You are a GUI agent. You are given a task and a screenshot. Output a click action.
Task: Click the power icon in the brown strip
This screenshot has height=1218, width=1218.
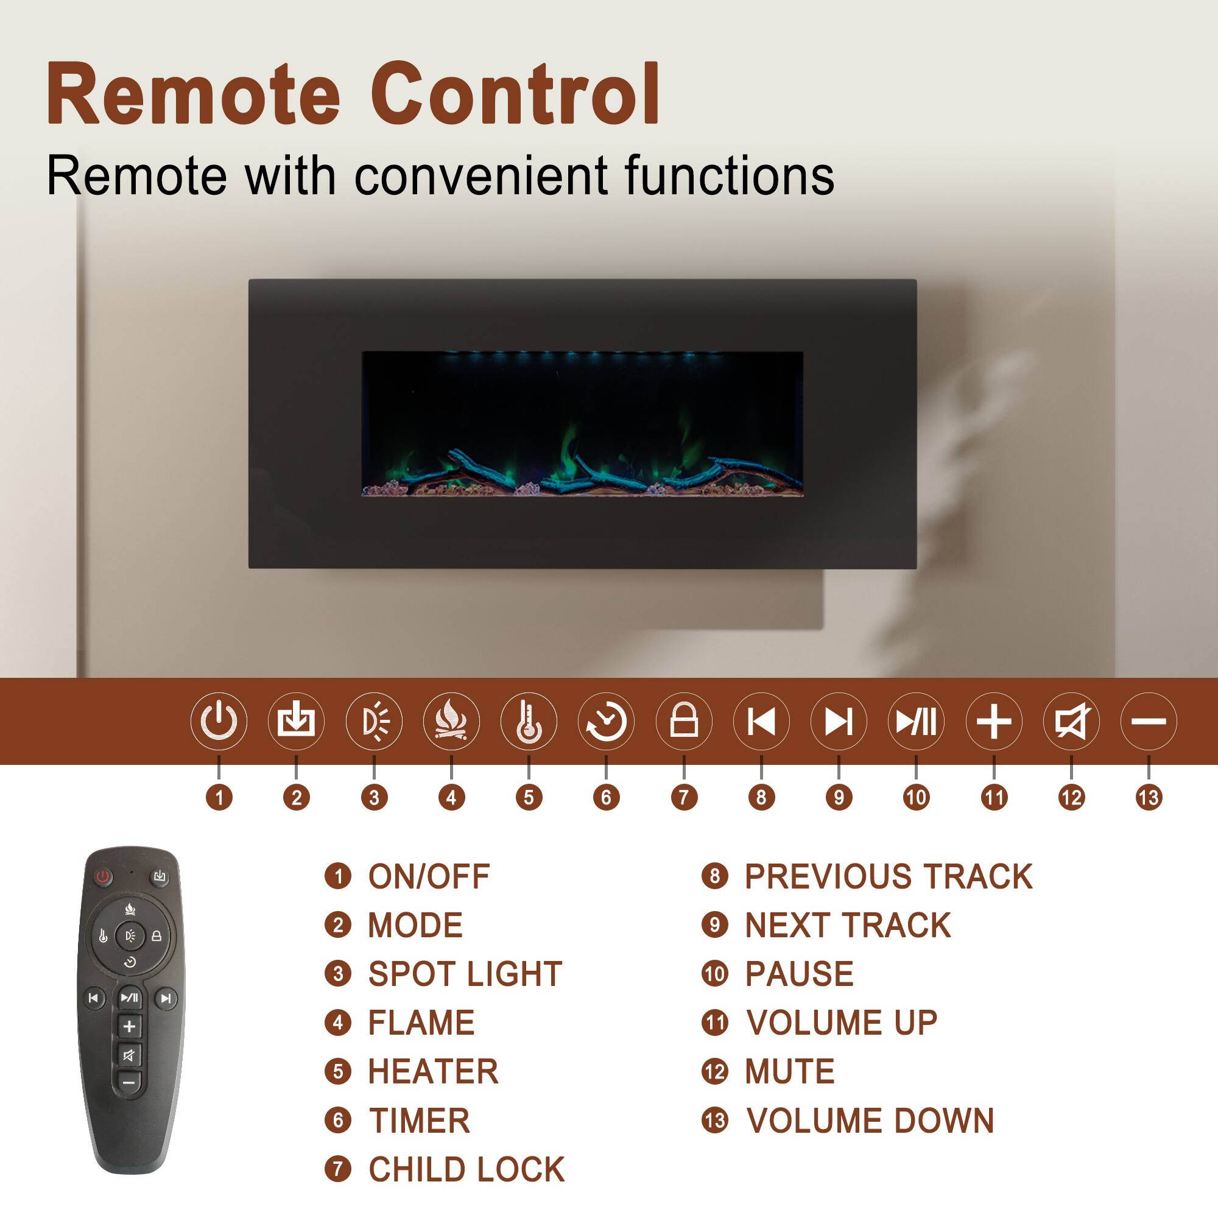(x=219, y=720)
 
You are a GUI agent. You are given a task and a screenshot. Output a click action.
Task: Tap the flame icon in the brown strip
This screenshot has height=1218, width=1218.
(x=451, y=720)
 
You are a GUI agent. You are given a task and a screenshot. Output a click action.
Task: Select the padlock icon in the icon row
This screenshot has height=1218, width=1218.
(x=684, y=720)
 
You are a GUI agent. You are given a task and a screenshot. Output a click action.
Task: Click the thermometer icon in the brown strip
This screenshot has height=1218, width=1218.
(x=529, y=720)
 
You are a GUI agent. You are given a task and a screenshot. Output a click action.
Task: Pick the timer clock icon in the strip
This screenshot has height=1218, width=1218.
(x=606, y=720)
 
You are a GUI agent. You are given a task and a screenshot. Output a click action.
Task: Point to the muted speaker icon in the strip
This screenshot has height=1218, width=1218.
(x=1071, y=720)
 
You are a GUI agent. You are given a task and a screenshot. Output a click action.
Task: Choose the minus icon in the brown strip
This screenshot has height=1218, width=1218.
(x=1149, y=720)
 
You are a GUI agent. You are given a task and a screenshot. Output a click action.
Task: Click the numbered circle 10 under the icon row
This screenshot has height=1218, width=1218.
(x=916, y=798)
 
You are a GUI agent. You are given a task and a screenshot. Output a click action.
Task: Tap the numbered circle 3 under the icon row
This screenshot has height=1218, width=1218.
(x=374, y=798)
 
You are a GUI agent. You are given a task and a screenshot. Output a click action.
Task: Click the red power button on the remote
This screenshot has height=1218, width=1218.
(x=104, y=876)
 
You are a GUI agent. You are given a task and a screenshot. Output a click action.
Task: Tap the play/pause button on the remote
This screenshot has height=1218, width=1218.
(x=130, y=998)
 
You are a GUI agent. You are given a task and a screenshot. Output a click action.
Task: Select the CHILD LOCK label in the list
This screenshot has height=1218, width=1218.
(x=466, y=1169)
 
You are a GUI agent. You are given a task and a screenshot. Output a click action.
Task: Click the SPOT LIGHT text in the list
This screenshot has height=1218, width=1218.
(x=465, y=974)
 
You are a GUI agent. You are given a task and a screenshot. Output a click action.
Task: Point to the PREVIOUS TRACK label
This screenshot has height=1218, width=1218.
(x=889, y=876)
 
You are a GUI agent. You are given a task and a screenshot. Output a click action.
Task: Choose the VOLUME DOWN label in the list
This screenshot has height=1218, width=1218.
(x=870, y=1121)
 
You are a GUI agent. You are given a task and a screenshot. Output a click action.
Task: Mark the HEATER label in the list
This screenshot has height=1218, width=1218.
(x=433, y=1072)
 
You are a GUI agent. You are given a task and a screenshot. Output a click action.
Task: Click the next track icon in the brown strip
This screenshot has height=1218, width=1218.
(x=839, y=720)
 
